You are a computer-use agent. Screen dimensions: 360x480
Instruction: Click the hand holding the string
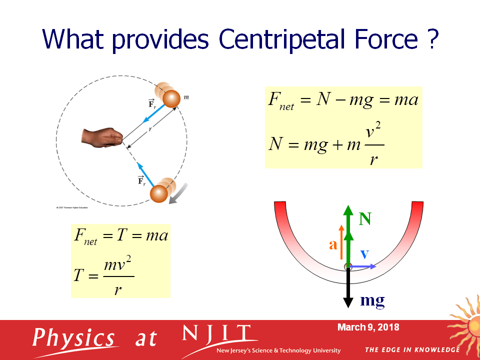103,137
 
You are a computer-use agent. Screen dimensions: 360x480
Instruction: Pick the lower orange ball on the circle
161,192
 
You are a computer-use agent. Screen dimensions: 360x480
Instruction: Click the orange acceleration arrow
341,242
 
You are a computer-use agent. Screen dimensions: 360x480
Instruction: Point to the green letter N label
365,219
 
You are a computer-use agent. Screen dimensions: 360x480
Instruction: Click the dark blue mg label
372,300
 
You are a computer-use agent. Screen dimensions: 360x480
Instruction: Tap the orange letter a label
332,244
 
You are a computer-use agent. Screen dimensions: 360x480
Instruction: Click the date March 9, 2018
368,327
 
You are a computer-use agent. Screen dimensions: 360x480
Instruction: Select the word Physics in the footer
73,338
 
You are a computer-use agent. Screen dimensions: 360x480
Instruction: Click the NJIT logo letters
216,333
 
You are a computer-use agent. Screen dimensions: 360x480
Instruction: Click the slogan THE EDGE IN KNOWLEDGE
412,349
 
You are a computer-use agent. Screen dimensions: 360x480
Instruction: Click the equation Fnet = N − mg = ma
343,100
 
